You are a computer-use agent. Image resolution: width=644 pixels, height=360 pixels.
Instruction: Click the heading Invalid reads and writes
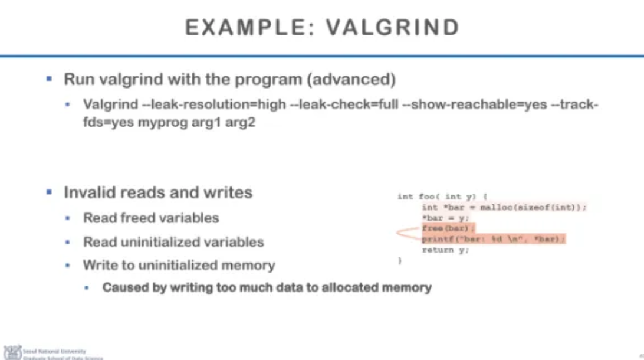157,192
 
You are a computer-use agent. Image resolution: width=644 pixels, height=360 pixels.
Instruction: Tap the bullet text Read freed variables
150,218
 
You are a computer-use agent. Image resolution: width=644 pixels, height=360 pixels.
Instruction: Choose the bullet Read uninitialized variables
173,241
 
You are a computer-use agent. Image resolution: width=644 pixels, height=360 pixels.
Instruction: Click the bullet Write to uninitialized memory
179,265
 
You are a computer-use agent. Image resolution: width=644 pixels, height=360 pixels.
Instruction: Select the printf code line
493,239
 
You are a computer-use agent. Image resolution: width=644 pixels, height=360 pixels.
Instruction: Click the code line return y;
438,250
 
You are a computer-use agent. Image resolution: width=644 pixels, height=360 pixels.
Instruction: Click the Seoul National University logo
12,352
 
